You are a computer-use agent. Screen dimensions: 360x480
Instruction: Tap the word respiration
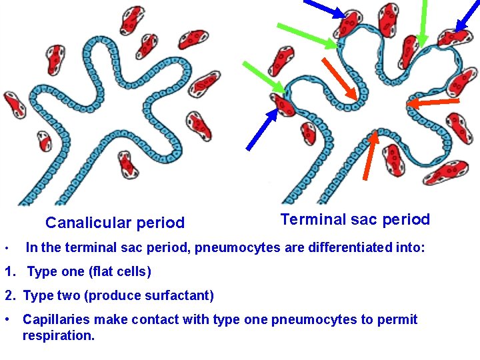tap(58, 335)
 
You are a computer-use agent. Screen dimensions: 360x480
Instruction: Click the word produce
tap(111, 295)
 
